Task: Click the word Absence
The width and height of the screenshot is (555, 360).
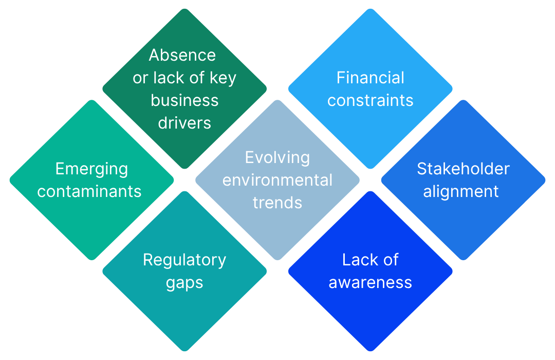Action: (x=182, y=55)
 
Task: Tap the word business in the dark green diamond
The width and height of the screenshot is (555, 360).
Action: (x=184, y=100)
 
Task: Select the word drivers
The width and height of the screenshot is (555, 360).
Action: (x=184, y=123)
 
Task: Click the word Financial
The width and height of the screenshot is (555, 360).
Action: (x=370, y=78)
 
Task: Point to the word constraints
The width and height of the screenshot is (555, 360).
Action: (x=370, y=100)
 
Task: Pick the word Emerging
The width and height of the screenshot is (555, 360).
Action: (x=91, y=169)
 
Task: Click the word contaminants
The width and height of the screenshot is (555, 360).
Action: (x=89, y=191)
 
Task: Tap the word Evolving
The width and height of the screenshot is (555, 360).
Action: (x=277, y=157)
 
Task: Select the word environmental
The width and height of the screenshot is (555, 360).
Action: (x=277, y=180)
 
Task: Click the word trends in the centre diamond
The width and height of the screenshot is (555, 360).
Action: (x=277, y=203)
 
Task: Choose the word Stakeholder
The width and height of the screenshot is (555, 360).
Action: (x=463, y=169)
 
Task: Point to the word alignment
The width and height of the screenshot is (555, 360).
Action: (x=460, y=191)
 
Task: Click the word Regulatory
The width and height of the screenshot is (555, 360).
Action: (x=184, y=260)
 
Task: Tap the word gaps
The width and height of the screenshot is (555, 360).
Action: (x=184, y=283)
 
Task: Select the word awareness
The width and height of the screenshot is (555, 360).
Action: (x=370, y=282)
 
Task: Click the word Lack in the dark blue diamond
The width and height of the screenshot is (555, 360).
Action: (x=356, y=260)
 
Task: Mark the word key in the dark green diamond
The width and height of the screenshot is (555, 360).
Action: (x=223, y=78)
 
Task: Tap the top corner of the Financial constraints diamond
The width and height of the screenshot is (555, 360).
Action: (x=370, y=9)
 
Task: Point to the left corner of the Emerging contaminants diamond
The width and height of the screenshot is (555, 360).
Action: (x=10, y=180)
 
